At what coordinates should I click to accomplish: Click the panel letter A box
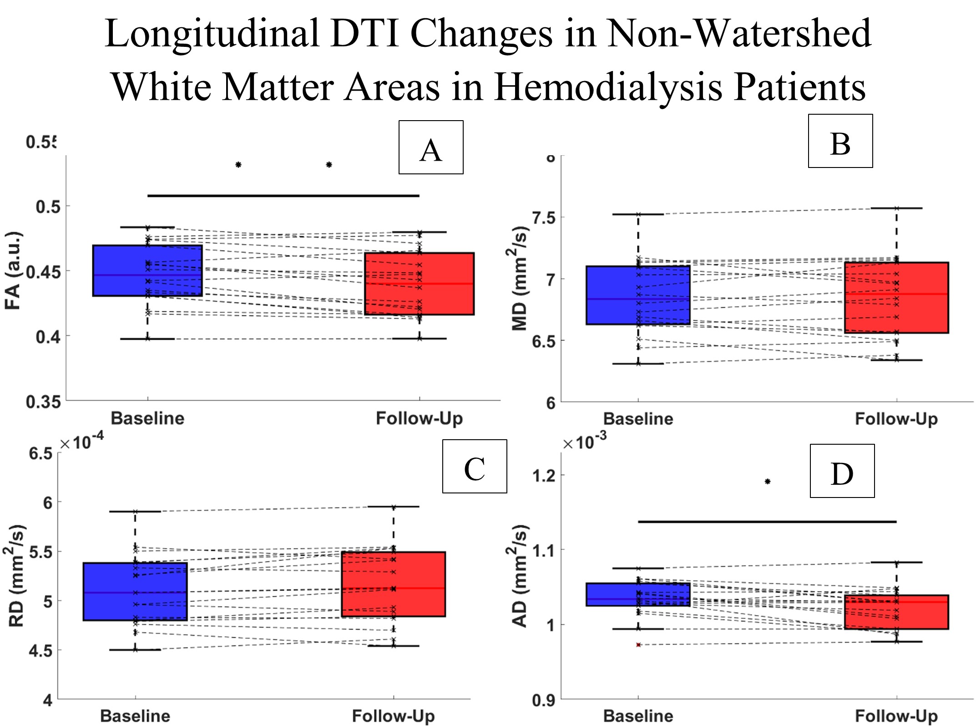pyautogui.click(x=430, y=147)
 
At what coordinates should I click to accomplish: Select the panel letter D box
pyautogui.click(x=842, y=471)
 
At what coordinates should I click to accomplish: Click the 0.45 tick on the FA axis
pyautogui.click(x=43, y=272)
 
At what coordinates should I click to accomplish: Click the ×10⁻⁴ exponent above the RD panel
pyautogui.click(x=82, y=442)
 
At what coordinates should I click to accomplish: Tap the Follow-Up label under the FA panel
pyautogui.click(x=419, y=418)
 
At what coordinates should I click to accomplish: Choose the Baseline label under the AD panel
pyautogui.click(x=638, y=716)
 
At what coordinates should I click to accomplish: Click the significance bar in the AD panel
pyautogui.click(x=767, y=522)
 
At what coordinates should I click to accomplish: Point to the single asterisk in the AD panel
pyautogui.click(x=768, y=482)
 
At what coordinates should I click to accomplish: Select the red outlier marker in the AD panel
pyautogui.click(x=638, y=645)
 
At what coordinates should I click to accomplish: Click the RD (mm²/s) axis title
pyautogui.click(x=16, y=576)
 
